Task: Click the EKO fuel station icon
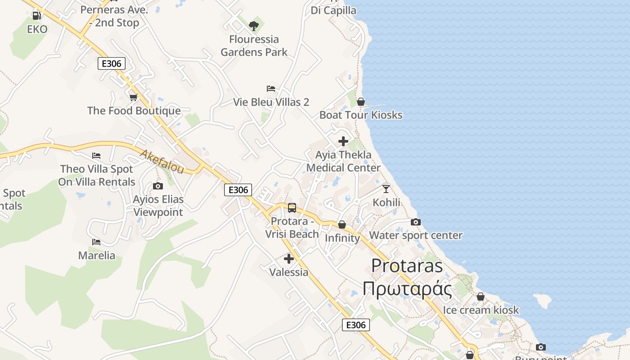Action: click(x=36, y=16)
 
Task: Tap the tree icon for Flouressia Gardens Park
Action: click(x=254, y=26)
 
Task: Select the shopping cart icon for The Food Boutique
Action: click(x=134, y=97)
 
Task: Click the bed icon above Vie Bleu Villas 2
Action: click(x=271, y=89)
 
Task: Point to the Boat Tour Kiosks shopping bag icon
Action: click(x=360, y=102)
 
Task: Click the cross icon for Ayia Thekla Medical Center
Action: click(x=343, y=141)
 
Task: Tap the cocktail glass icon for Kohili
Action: click(x=386, y=189)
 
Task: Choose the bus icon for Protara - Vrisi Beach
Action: click(x=292, y=208)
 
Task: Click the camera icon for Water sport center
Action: click(x=416, y=222)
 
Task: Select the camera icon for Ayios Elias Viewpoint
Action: click(x=158, y=186)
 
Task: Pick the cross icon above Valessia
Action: click(x=289, y=259)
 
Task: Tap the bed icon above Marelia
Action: click(x=96, y=242)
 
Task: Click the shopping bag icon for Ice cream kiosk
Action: click(x=481, y=297)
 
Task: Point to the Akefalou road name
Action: click(x=162, y=162)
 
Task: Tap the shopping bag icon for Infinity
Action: click(x=342, y=225)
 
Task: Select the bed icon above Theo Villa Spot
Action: click(x=96, y=156)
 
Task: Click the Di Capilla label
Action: click(x=333, y=10)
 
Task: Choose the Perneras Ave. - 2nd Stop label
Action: click(x=114, y=16)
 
